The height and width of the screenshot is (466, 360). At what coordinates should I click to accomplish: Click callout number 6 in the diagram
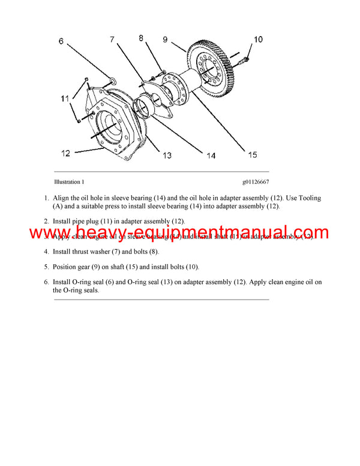pos(61,41)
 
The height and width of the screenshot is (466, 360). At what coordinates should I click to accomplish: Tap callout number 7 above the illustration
pos(112,40)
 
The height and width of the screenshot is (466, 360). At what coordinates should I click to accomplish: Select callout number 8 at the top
pos(142,38)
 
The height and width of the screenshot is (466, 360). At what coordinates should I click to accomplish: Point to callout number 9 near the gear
pos(165,40)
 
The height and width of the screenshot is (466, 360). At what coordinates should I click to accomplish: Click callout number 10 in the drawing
pos(257,40)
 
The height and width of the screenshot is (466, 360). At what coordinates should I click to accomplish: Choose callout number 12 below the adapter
pos(65,153)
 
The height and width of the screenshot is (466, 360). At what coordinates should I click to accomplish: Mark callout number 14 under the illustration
pos(211,156)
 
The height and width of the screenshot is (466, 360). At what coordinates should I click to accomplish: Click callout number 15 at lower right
pos(252,155)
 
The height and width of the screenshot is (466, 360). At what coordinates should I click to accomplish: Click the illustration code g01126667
pos(256,181)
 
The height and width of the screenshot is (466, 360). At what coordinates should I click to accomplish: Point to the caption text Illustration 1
pos(69,181)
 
